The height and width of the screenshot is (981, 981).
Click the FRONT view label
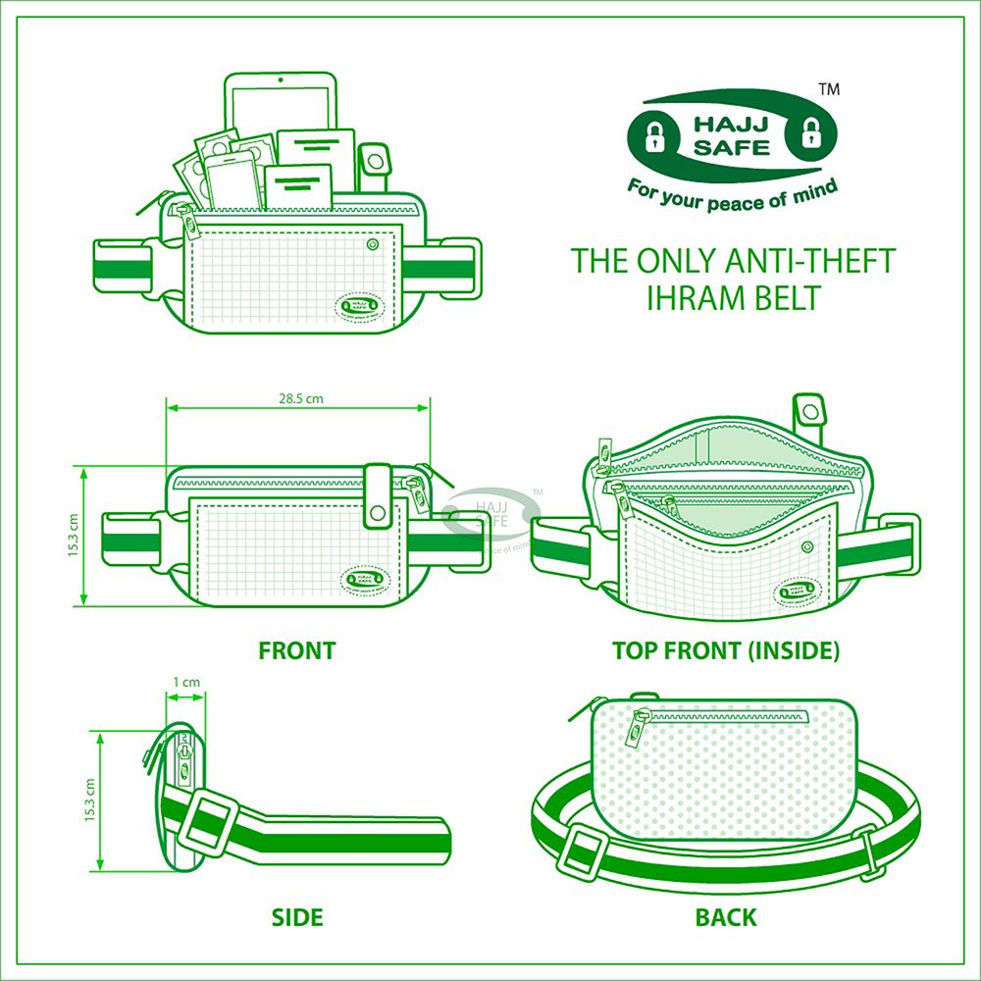pyautogui.click(x=296, y=650)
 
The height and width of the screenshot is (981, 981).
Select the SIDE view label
pyautogui.click(x=297, y=918)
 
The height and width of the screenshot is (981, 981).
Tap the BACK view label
pyautogui.click(x=726, y=918)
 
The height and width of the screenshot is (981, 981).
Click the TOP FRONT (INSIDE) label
pyautogui.click(x=726, y=650)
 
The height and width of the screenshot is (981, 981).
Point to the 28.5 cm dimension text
pyautogui.click(x=298, y=398)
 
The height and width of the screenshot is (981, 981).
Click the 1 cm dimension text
pyautogui.click(x=185, y=682)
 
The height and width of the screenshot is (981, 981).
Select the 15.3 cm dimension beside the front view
pyautogui.click(x=74, y=535)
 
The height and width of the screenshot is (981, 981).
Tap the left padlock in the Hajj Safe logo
pyautogui.click(x=655, y=133)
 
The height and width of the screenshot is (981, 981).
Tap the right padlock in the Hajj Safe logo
pyautogui.click(x=810, y=132)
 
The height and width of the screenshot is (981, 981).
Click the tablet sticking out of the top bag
pyautogui.click(x=280, y=103)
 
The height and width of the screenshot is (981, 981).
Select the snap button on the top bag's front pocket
pyautogui.click(x=372, y=243)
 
